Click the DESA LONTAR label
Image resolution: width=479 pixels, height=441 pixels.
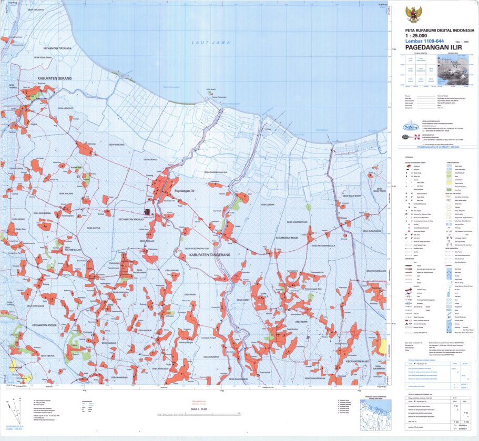click(268, 203)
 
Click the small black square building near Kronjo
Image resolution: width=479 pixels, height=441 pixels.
click(148, 212)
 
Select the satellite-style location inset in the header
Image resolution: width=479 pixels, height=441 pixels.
click(453, 70)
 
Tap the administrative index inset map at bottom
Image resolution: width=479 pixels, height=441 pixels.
click(375, 413)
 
